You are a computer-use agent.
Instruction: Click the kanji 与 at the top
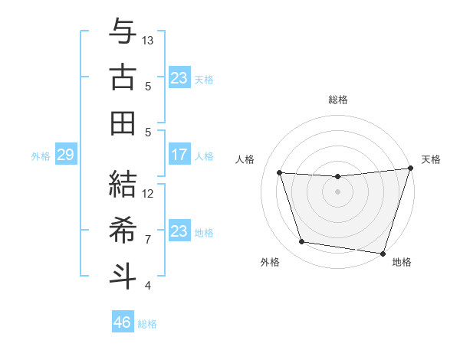(123, 32)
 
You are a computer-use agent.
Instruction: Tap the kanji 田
(123, 123)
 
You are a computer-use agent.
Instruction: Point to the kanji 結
(123, 185)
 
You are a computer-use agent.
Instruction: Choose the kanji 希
(123, 230)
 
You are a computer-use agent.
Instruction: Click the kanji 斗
(123, 275)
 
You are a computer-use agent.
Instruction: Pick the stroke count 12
(148, 194)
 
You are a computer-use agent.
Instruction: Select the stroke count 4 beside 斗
(148, 286)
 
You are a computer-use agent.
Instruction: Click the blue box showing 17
(179, 155)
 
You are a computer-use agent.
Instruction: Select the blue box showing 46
(123, 322)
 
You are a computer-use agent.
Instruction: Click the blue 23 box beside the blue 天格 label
(179, 78)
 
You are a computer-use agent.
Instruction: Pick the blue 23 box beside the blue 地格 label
(179, 231)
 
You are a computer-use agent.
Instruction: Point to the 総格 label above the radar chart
(338, 100)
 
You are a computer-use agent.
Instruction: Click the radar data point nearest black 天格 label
(410, 169)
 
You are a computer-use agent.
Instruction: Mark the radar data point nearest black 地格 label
(383, 253)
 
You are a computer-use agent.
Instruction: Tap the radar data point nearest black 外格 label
(302, 242)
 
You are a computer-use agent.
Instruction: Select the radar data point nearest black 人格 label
(280, 173)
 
